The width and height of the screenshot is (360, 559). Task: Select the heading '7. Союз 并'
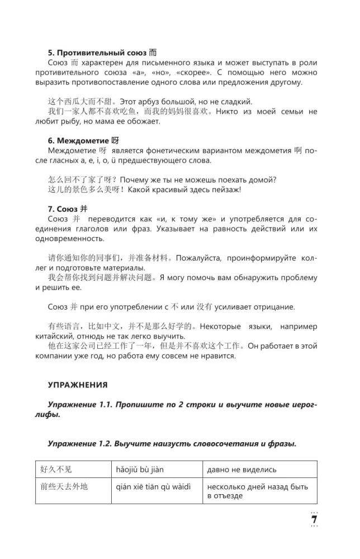tap(71, 209)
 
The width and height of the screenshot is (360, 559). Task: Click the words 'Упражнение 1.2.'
tap(79, 443)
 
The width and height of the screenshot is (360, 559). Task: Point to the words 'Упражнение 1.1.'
tap(79, 404)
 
